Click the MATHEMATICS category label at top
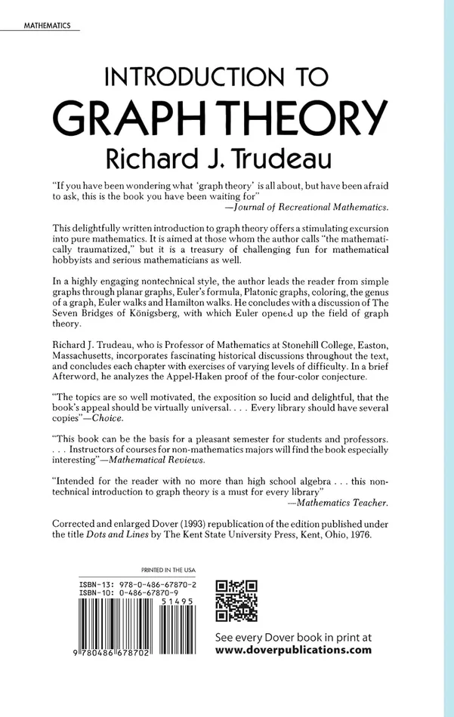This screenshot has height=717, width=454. (x=42, y=25)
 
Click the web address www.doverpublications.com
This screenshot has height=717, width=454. (x=293, y=648)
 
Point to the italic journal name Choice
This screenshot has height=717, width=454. (x=107, y=417)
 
